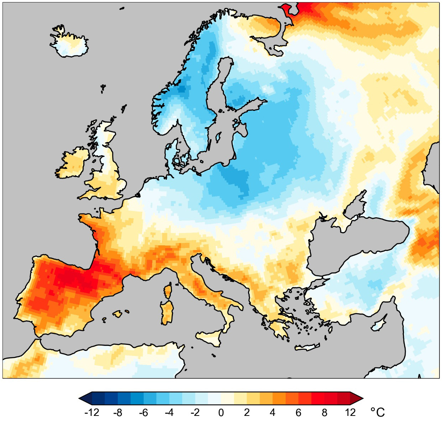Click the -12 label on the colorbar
91,413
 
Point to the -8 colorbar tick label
117,413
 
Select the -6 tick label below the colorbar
143,413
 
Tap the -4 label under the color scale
169,413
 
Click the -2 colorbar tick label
195,413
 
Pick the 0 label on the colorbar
221,413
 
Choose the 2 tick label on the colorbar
247,413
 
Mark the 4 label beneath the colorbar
273,413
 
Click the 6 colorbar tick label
299,413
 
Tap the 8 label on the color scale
325,413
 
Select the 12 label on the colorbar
350,413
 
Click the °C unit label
378,412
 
